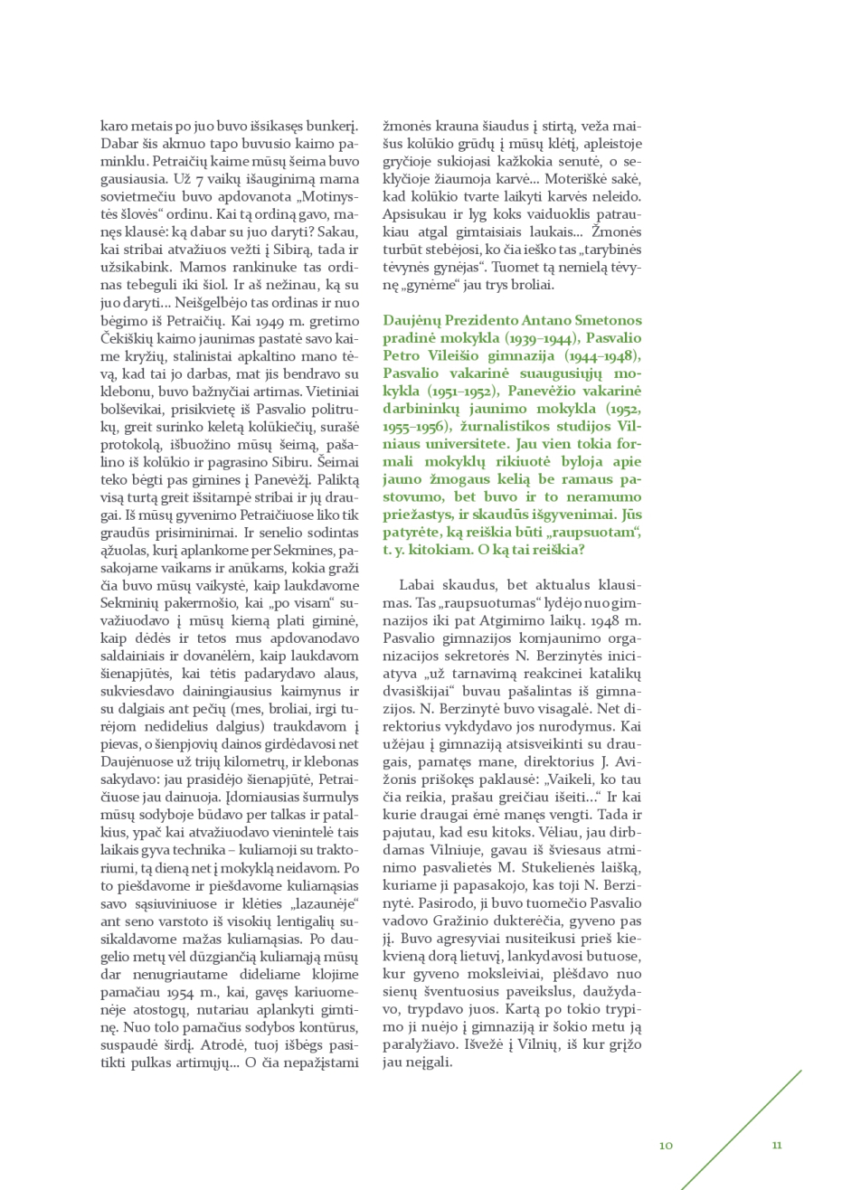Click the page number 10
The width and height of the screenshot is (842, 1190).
[x=666, y=1145]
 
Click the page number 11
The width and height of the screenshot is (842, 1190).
[x=776, y=1145]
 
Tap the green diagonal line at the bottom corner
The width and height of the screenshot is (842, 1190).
[x=742, y=1130]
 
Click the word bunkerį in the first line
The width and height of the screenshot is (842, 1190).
[x=332, y=127]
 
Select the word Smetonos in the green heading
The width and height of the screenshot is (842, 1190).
[x=610, y=321]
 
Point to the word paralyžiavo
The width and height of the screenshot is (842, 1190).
[x=422, y=1044]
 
